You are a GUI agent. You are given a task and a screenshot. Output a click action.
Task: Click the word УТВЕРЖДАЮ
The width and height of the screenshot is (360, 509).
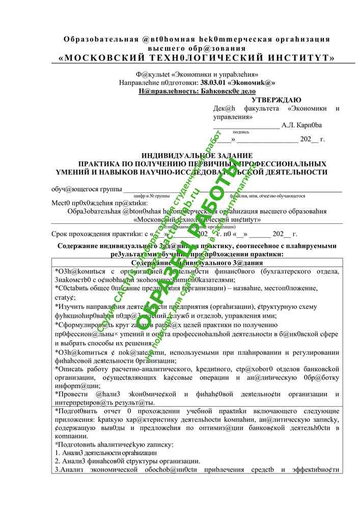click(277, 100)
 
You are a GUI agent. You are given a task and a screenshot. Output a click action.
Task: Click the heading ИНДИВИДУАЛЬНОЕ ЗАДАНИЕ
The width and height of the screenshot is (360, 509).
click(197, 155)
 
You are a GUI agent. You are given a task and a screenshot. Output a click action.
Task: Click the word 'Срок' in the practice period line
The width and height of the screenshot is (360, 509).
click(61, 234)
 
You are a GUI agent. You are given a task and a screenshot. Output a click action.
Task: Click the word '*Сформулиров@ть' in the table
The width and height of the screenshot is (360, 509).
click(85, 324)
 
